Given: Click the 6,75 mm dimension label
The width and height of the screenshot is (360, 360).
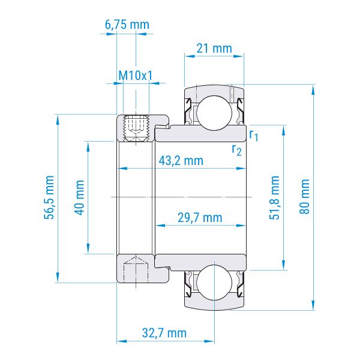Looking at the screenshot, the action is [127, 25].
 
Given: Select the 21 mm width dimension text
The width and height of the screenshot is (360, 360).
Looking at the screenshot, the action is [214, 49].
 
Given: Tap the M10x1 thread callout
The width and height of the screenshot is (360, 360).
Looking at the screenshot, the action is [135, 76].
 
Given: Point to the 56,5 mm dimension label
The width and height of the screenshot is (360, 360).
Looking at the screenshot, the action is [49, 197].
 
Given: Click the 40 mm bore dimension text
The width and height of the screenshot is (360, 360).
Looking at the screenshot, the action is [79, 197].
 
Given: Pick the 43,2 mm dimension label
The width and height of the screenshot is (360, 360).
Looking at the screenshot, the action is [181, 161].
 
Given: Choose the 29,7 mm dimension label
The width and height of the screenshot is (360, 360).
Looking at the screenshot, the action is [200, 218].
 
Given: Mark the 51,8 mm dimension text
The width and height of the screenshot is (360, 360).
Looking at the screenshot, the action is [274, 197].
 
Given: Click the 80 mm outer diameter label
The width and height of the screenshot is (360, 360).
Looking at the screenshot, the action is [304, 197].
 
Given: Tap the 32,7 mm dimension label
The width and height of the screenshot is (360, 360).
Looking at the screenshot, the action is [164, 333].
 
